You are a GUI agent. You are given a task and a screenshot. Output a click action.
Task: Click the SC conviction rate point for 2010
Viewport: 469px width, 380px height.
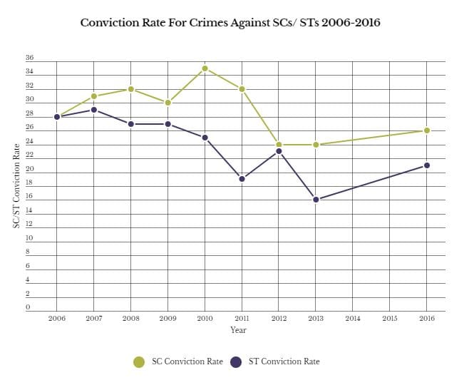click(x=205, y=68)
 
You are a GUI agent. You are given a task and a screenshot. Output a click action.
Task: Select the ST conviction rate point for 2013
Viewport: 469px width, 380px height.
click(x=316, y=200)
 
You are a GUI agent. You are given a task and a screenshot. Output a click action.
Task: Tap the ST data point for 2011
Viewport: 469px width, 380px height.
click(x=242, y=179)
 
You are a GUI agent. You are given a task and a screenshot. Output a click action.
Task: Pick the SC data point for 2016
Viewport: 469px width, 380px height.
click(x=426, y=130)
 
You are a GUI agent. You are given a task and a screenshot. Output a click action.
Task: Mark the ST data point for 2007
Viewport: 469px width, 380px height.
click(x=94, y=110)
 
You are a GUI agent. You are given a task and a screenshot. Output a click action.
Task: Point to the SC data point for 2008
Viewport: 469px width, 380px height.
click(x=130, y=89)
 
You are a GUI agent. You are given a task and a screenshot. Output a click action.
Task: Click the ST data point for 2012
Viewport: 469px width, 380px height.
click(x=279, y=151)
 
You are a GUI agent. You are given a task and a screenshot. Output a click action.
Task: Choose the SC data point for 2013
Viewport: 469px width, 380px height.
click(x=316, y=145)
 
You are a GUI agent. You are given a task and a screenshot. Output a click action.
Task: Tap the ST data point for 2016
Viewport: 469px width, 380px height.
click(x=426, y=165)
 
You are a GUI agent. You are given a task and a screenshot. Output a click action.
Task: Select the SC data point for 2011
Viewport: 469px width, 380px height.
click(x=242, y=89)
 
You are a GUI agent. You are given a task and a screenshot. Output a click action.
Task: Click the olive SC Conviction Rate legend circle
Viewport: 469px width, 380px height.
click(x=140, y=362)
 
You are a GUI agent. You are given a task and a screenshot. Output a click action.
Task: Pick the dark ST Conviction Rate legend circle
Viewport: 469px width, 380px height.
click(x=236, y=362)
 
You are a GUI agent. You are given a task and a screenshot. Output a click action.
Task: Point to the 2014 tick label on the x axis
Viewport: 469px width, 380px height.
click(x=353, y=318)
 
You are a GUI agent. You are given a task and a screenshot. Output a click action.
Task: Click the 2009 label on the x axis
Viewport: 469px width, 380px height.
click(x=167, y=318)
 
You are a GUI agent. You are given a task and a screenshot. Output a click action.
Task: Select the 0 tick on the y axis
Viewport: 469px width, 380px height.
click(x=29, y=308)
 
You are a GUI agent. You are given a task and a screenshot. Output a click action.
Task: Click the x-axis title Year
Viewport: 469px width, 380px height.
click(x=239, y=330)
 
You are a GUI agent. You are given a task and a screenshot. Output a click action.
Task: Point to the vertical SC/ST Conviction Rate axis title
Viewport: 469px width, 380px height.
click(x=16, y=185)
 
